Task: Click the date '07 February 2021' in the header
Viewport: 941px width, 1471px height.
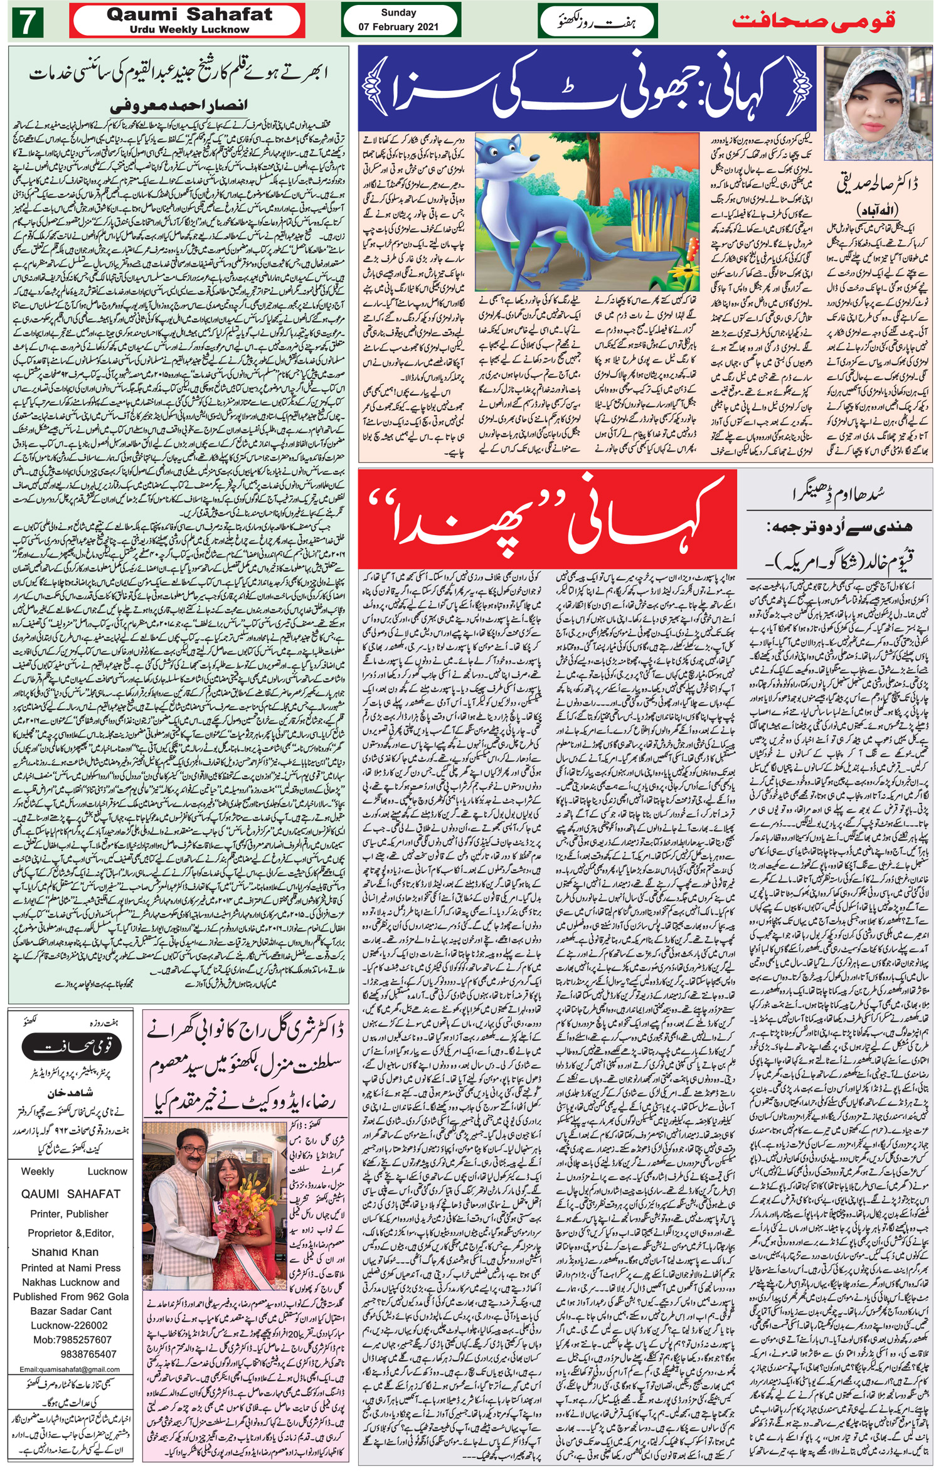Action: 398,27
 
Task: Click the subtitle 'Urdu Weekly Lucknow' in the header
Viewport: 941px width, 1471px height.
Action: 189,29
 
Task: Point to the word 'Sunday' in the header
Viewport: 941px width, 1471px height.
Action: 398,13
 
